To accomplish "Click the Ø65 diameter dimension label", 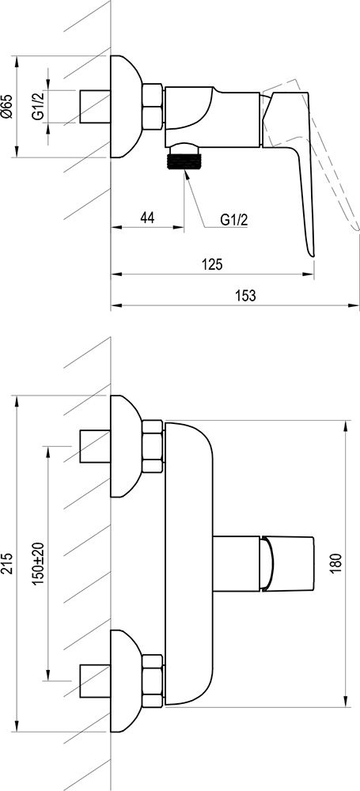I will point(8,106).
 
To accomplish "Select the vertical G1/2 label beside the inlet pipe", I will point(37,105).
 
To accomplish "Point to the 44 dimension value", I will point(147,218).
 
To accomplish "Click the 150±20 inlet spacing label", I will point(38,564).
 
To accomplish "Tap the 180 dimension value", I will point(335,564).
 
